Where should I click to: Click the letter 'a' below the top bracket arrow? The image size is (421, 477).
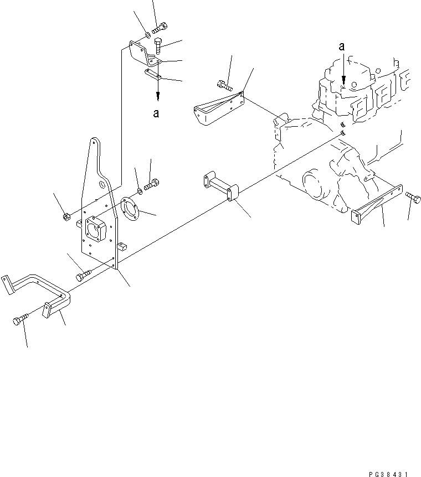(x=157, y=113)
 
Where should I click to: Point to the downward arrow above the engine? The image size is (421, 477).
(x=343, y=72)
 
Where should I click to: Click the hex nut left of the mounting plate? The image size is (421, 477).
(x=66, y=215)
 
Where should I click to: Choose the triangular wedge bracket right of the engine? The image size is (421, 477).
(x=377, y=202)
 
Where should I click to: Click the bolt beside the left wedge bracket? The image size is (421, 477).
(x=223, y=84)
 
